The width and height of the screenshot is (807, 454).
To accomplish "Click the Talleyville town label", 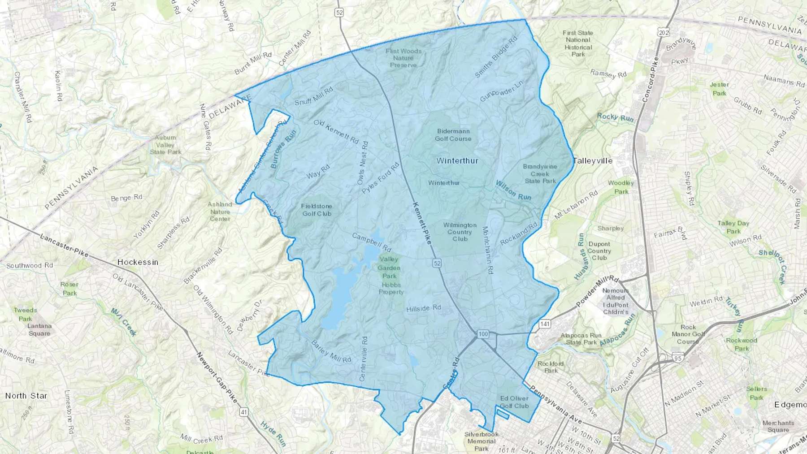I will tap(592, 160).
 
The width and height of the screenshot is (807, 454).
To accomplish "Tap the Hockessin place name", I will tap(138, 262).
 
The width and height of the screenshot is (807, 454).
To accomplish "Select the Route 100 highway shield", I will tap(482, 334).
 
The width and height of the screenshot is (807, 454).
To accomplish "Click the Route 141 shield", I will tap(545, 324).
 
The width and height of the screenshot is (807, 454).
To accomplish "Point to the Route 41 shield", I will tap(243, 411).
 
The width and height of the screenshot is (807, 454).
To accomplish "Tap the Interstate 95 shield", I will tap(677, 358).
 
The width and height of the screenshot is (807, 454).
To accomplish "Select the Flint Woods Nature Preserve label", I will tap(403, 58).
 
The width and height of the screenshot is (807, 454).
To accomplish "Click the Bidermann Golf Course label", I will tap(453, 135).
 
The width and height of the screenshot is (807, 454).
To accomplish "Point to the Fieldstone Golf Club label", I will tap(317, 210).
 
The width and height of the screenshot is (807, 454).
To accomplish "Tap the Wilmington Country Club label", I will tap(460, 232).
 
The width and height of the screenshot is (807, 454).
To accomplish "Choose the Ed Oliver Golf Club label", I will tap(514, 402).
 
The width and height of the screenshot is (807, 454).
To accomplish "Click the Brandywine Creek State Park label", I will tap(540, 173).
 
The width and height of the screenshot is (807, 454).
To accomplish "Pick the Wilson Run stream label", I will tap(513, 190).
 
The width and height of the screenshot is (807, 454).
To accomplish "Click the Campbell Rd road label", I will tap(372, 242).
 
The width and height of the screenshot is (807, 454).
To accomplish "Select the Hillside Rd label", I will tap(424, 308).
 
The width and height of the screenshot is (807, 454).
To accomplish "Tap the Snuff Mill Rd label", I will tap(313, 96).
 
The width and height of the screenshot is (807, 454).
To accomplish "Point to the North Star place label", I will tap(26, 396).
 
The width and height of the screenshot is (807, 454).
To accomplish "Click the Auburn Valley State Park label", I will tap(165, 145).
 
